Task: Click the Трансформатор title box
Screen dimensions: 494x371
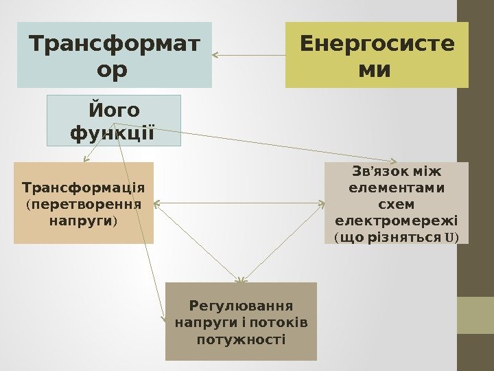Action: tap(115, 55)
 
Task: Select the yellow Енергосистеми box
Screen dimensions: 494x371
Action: tap(377, 55)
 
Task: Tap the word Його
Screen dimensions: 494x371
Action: tap(114, 110)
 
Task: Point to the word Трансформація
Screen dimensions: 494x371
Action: tap(84, 187)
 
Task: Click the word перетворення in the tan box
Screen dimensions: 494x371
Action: tap(84, 204)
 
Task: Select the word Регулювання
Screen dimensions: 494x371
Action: tap(241, 305)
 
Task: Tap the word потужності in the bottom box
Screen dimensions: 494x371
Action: tap(241, 339)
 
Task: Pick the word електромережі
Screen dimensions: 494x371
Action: tap(397, 221)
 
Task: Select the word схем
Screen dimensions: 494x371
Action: tap(397, 204)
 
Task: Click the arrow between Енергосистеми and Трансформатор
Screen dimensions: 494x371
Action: tap(248, 55)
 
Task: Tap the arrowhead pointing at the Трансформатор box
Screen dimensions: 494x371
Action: tap(216, 55)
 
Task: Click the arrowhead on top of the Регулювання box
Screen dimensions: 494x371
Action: tap(241, 280)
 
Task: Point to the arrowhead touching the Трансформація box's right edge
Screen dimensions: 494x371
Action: tap(157, 203)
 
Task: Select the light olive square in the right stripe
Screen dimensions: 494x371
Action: tap(475, 315)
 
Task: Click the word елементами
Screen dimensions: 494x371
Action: tap(397, 187)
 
